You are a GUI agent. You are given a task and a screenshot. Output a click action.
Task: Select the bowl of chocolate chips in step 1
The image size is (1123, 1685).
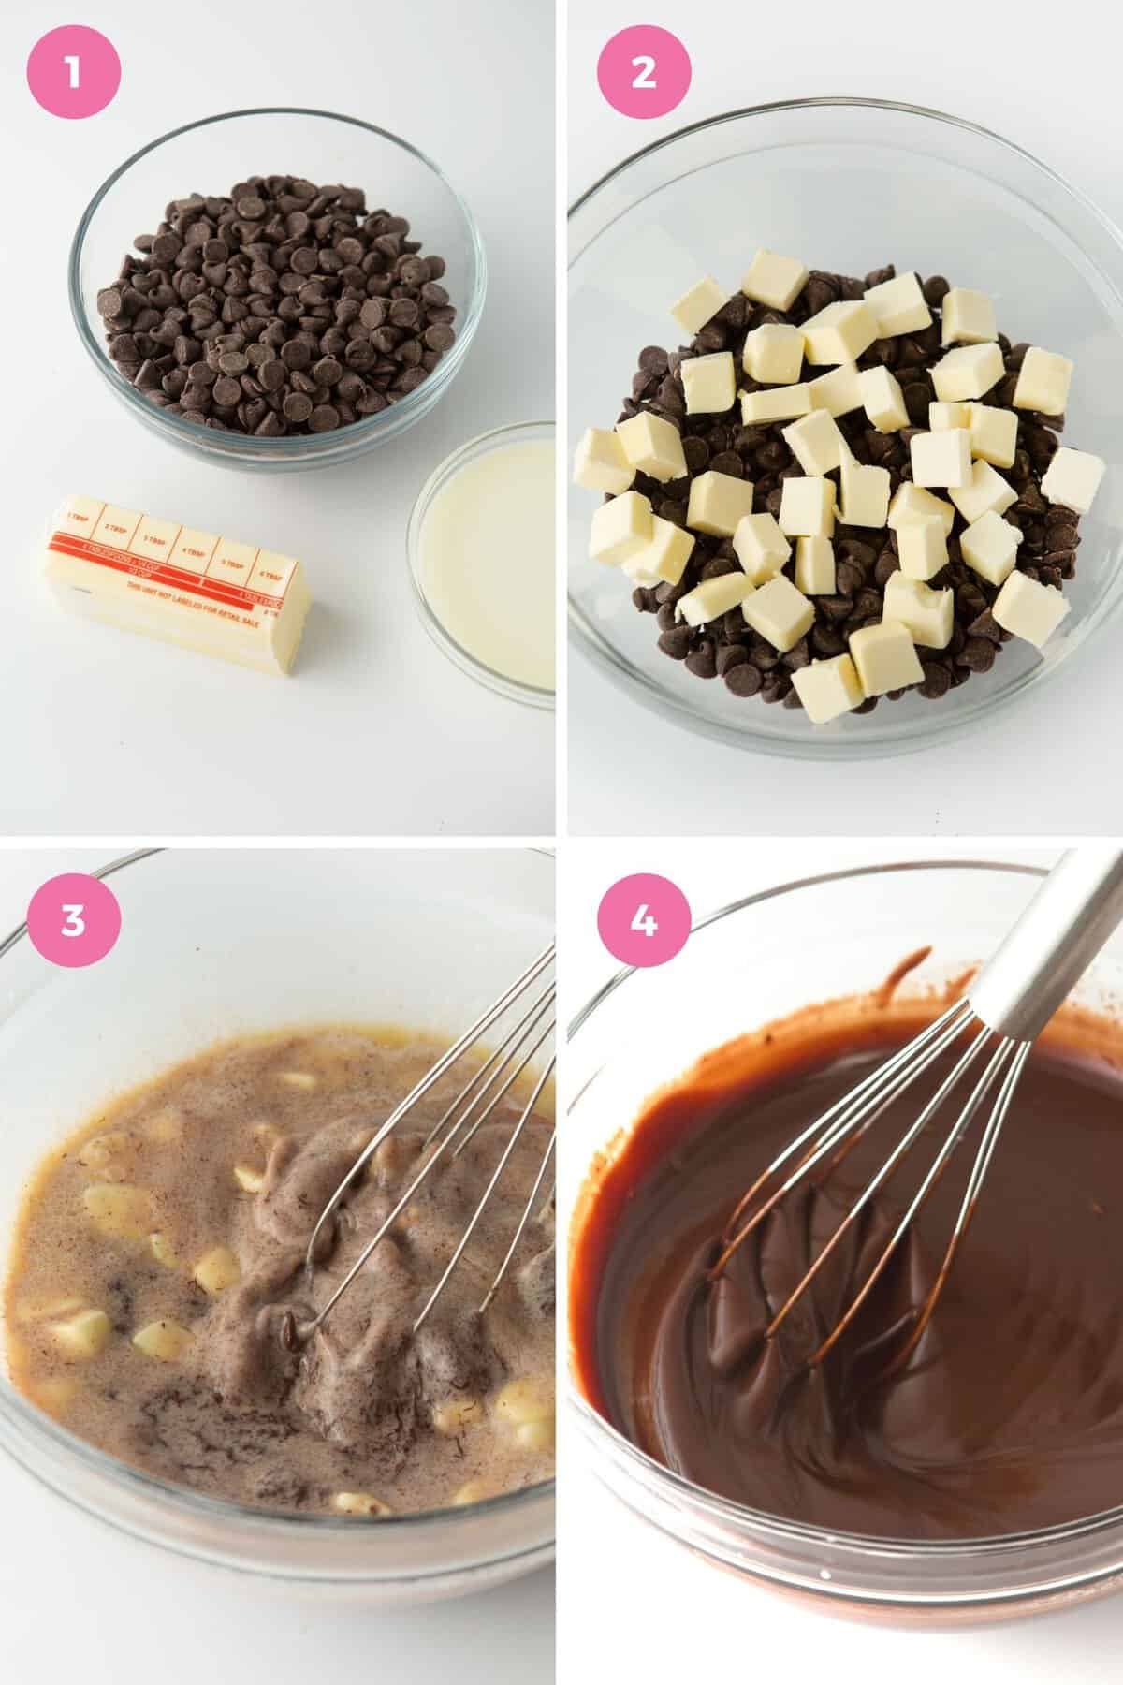[281, 290]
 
